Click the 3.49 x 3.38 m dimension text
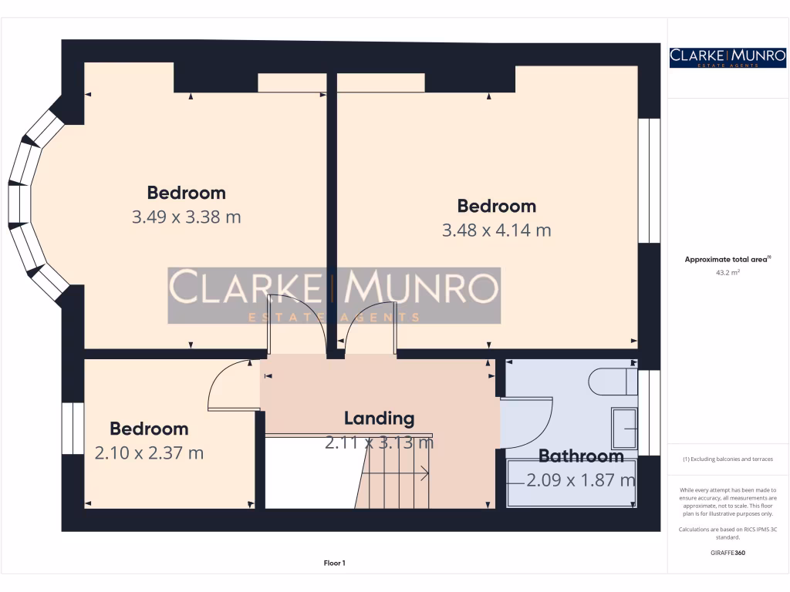click(x=186, y=217)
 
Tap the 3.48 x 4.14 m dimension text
click(x=496, y=230)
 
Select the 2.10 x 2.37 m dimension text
click(x=149, y=453)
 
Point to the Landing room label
click(x=379, y=419)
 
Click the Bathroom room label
click(x=580, y=456)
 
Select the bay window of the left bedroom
click(x=31, y=204)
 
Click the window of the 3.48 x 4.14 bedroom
click(x=649, y=180)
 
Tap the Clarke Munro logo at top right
click(x=728, y=57)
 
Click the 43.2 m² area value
click(x=728, y=272)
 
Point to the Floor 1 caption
click(x=334, y=563)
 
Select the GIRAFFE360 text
click(x=728, y=553)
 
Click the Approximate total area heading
click(x=728, y=260)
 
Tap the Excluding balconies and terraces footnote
click(x=728, y=459)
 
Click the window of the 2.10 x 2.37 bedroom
click(x=72, y=428)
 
